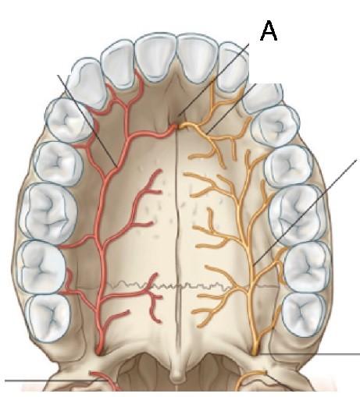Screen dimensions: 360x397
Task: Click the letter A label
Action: tap(269, 30)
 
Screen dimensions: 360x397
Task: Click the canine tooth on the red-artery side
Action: tap(87, 83)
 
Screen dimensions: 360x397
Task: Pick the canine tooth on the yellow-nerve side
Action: tap(263, 97)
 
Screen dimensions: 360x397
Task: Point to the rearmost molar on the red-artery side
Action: tap(48, 317)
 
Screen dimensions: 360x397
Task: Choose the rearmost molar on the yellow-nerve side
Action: tap(304, 314)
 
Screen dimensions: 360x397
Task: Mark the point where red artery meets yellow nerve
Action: tap(179, 126)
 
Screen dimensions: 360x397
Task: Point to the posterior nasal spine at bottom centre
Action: tap(177, 374)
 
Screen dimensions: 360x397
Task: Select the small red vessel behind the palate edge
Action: tap(104, 380)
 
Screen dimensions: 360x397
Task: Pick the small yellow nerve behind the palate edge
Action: tap(251, 381)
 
